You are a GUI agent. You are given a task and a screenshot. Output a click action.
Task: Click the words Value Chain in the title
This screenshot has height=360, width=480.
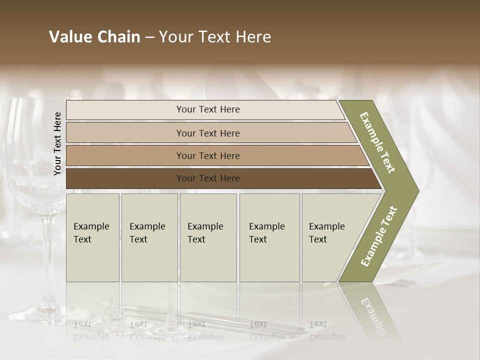[x=94, y=37]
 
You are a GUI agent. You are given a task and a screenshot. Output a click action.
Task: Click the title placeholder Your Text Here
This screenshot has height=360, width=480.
[x=215, y=37]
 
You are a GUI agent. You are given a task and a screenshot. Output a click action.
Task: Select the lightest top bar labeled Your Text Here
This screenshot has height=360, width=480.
[x=208, y=109]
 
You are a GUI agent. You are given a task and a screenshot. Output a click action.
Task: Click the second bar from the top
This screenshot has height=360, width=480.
[x=208, y=133]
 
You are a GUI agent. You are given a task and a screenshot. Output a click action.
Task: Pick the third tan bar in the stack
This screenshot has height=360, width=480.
[x=208, y=155]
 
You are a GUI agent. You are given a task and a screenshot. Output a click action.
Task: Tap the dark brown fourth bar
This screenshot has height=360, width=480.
[x=208, y=178]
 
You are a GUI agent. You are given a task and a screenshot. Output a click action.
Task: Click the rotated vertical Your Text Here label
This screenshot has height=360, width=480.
[x=58, y=143]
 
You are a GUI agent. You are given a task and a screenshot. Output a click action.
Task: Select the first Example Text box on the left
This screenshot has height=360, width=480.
[x=92, y=237]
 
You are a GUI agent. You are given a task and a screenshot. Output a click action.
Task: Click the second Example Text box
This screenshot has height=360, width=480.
[x=149, y=237]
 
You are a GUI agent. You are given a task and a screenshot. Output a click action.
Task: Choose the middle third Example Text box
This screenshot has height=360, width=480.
[x=208, y=237]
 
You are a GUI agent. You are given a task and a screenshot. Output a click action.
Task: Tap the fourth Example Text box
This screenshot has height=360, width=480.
[x=269, y=237]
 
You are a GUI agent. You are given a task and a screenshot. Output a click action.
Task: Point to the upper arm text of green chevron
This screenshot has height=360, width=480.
[x=378, y=142]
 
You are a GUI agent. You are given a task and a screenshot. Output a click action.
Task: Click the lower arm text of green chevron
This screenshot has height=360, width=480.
[x=379, y=236]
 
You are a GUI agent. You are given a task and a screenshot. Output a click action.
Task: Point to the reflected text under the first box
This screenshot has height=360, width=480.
[x=91, y=330]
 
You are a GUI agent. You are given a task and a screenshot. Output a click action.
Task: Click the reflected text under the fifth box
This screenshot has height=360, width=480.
[x=327, y=330]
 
